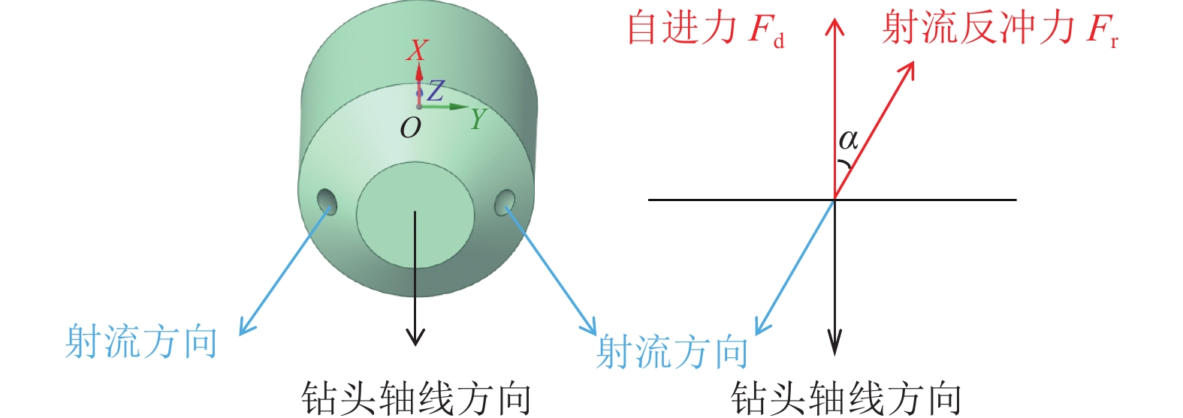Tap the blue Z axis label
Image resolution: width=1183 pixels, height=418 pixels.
click(436, 92)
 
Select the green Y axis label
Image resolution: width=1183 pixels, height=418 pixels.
click(478, 119)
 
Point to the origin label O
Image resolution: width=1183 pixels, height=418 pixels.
click(410, 129)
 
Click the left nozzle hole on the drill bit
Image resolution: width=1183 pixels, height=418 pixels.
click(327, 200)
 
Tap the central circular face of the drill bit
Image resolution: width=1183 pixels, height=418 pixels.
click(415, 211)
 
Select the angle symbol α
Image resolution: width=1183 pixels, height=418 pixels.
click(848, 140)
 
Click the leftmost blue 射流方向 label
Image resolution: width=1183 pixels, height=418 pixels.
click(141, 342)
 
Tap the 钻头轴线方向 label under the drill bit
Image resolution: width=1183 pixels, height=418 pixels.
click(415, 397)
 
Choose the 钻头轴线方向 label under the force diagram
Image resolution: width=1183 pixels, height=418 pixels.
click(846, 397)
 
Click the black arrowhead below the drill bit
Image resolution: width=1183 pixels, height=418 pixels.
click(415, 338)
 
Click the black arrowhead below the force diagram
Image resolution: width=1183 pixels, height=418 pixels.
click(834, 347)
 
